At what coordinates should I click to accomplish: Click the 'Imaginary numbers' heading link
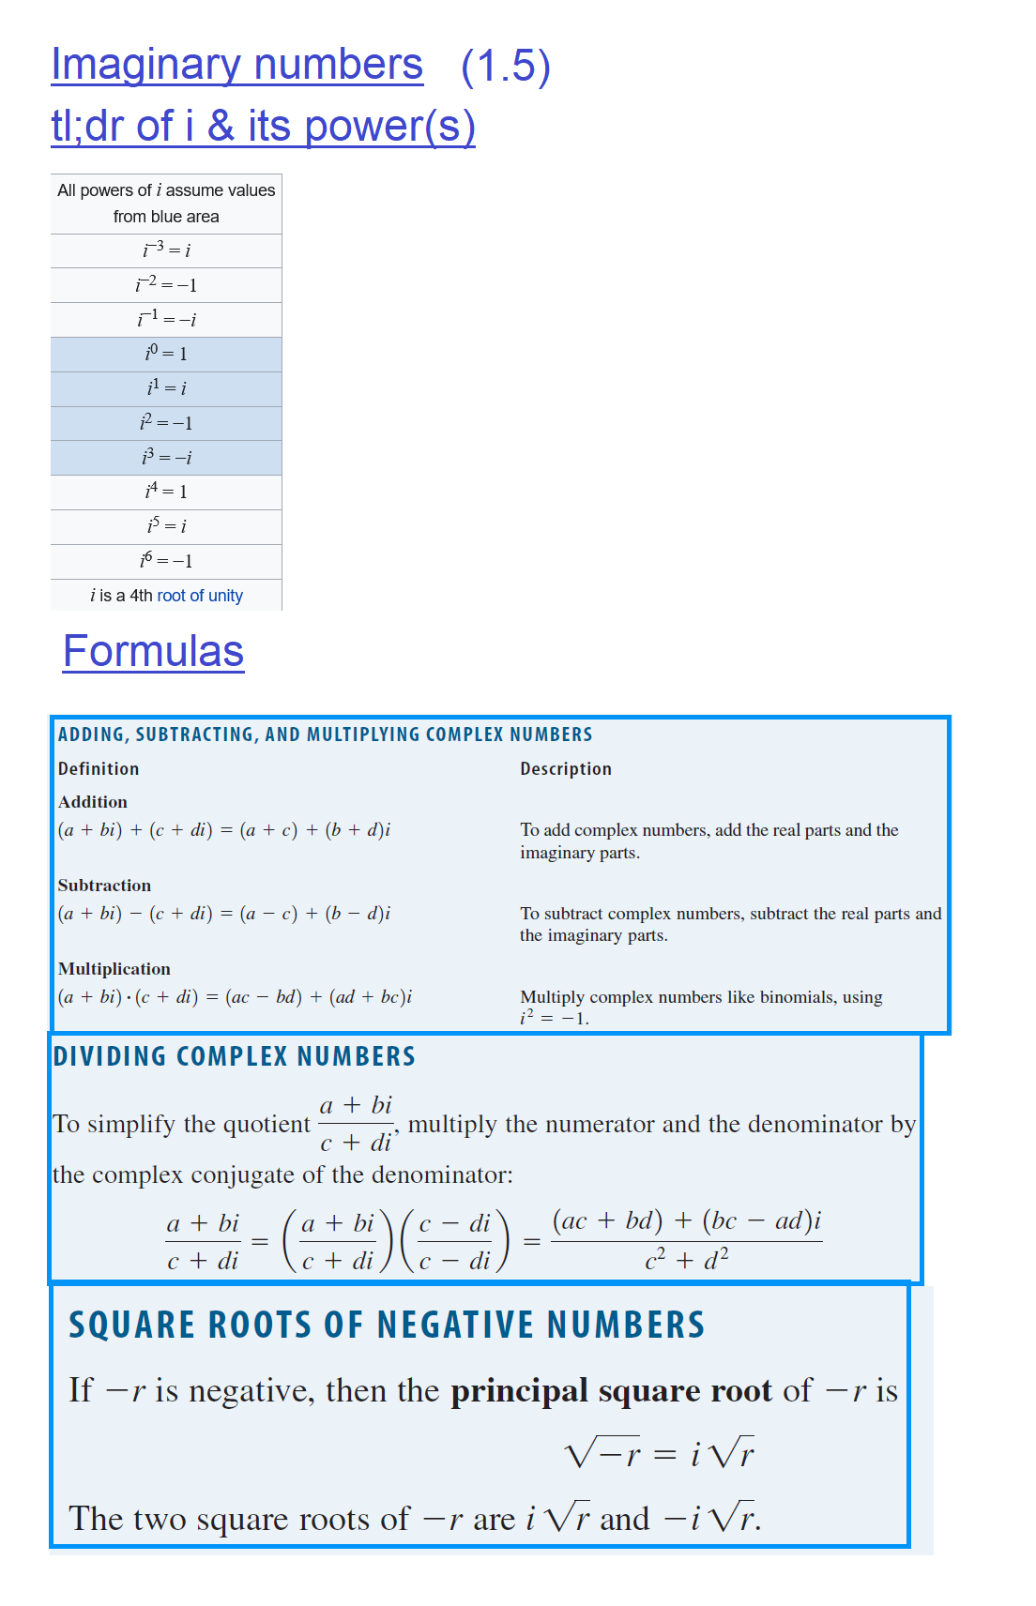point(236,65)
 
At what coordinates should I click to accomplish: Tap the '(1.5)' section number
point(506,67)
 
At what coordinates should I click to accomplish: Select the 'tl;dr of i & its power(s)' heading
point(263,127)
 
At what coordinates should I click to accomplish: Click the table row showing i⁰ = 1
point(166,354)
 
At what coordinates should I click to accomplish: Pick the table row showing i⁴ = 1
point(166,492)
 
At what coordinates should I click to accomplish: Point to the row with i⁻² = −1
point(166,284)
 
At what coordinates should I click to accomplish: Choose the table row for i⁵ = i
point(166,526)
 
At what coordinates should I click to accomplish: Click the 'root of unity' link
point(200,596)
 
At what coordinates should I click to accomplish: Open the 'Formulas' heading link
point(154,651)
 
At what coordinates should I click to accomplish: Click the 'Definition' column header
point(99,769)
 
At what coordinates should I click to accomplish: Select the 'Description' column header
point(566,769)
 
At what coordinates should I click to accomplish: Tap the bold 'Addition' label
point(93,802)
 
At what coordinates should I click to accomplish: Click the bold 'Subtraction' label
point(104,886)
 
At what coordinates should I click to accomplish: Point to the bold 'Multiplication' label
point(114,969)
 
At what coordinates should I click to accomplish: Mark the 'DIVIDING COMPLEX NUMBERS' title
point(234,1057)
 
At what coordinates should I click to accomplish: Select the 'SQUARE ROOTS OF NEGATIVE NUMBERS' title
point(387,1326)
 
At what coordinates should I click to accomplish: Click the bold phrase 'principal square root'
point(611,1390)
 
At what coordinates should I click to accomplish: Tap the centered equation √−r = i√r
point(659,1454)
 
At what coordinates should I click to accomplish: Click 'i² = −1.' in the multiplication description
point(555,1019)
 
